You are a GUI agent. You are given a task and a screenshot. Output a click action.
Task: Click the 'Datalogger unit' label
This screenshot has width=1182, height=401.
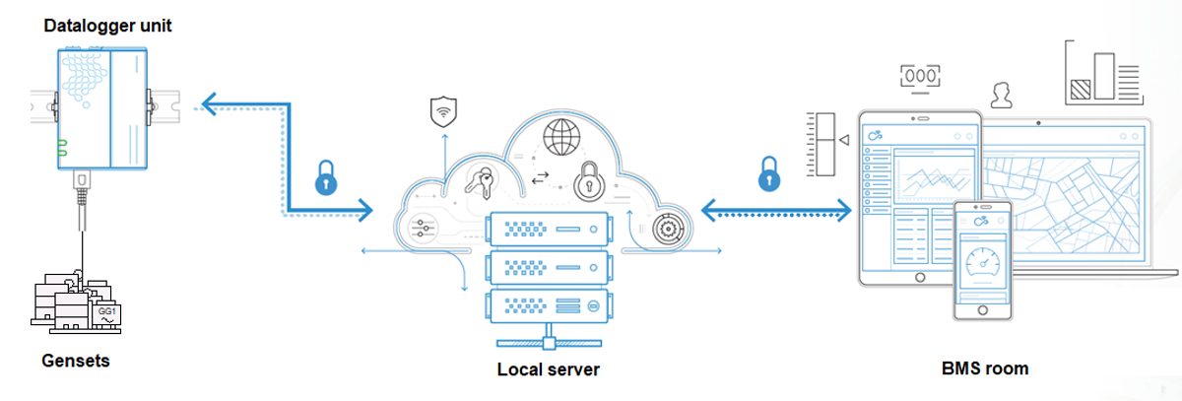107,26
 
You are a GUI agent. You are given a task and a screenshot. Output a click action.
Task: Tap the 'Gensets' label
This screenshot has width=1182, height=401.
76,361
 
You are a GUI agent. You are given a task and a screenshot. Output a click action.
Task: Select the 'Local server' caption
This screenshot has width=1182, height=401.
549,369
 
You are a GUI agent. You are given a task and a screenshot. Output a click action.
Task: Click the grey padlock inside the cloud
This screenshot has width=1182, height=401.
588,179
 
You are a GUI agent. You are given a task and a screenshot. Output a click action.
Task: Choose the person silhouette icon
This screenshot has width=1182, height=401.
1003,95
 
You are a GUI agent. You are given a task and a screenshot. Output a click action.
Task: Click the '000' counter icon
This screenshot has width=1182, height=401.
920,75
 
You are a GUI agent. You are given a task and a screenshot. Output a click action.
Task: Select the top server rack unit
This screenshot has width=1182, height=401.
548,230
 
